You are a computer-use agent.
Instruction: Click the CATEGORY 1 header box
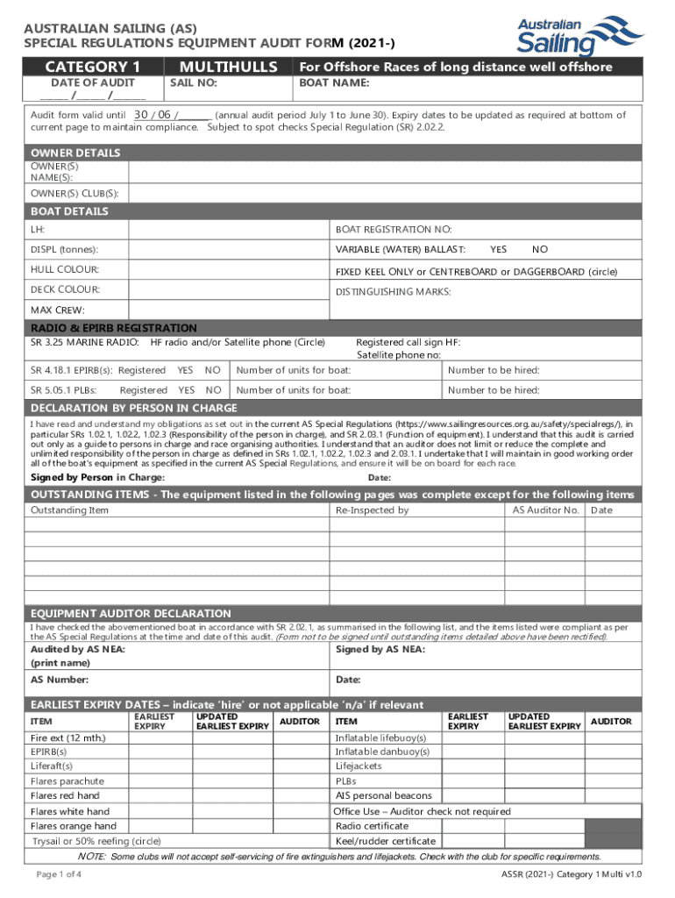93,68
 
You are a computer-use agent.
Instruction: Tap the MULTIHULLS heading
228,68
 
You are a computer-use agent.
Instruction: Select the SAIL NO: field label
193,83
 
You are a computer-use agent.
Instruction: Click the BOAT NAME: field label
334,83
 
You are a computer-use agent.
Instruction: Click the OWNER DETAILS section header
75,153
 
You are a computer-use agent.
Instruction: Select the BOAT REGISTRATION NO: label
394,230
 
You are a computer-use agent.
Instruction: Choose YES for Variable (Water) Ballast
498,250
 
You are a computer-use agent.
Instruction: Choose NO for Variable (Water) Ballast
540,250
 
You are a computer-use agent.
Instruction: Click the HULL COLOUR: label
65,269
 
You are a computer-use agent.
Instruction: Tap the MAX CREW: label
58,310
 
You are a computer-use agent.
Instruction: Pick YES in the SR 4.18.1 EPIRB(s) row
185,370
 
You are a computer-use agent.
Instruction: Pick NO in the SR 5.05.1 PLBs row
213,390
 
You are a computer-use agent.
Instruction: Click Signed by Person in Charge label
97,477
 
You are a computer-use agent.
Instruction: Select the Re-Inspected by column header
372,510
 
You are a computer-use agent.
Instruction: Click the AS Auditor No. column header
545,510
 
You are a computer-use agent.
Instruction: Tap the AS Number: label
59,680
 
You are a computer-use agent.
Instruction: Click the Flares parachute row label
67,780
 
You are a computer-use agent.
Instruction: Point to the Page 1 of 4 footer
59,875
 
